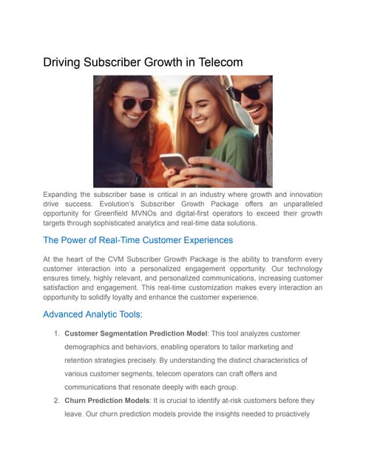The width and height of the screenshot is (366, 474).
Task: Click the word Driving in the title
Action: tap(64, 63)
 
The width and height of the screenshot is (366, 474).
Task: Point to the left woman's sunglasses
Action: tap(135, 101)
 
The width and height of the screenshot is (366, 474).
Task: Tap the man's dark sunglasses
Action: tap(247, 92)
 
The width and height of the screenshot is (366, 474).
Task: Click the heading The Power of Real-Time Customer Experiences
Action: tap(138, 240)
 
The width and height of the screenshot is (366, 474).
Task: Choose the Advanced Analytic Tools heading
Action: tap(92, 315)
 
